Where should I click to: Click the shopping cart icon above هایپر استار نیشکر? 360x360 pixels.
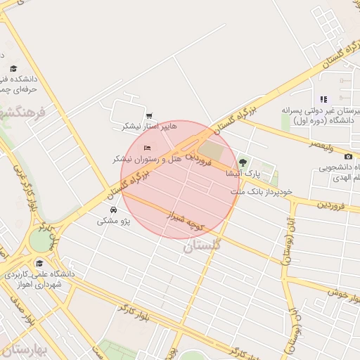149,116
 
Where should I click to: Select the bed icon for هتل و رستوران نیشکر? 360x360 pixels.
147,148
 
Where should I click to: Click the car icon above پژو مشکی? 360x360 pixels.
113,210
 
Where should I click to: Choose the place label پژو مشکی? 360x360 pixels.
112,221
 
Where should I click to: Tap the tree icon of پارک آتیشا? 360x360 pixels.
243,162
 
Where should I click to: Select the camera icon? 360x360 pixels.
348,155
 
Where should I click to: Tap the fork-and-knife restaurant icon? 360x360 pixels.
323,99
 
